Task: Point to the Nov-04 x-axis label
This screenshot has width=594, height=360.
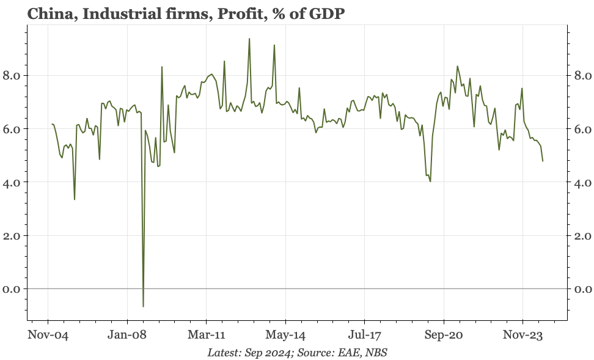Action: click(x=48, y=335)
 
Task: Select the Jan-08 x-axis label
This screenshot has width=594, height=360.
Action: click(x=127, y=335)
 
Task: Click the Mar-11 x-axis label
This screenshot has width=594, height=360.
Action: click(x=207, y=335)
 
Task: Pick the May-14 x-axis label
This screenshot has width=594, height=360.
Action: click(x=285, y=335)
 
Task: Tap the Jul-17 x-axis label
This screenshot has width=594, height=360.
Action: click(x=364, y=335)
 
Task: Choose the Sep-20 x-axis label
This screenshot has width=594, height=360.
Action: click(x=444, y=335)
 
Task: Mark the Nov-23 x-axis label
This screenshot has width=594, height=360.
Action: click(x=522, y=335)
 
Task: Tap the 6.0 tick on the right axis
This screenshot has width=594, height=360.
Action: click(x=581, y=129)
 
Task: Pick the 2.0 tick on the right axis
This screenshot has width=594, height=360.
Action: click(x=581, y=235)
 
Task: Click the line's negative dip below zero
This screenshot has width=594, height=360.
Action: click(x=143, y=306)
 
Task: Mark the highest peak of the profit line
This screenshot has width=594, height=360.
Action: click(x=249, y=39)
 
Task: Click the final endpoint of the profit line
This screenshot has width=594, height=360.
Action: click(x=543, y=161)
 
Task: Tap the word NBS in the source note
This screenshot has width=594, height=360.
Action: click(x=376, y=353)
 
